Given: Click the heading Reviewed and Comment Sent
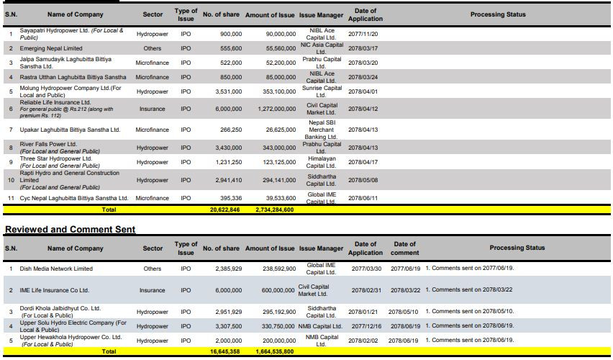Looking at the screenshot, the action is [x=70, y=229].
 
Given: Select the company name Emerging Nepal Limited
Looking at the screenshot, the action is [x=51, y=48].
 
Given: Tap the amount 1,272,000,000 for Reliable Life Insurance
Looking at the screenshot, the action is [x=277, y=109].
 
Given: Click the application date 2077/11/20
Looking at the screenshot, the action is [x=363, y=34].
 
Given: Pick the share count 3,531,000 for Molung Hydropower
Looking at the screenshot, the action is [x=229, y=91].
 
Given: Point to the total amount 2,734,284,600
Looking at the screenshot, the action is [x=274, y=210].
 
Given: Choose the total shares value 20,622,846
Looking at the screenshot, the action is [x=224, y=210].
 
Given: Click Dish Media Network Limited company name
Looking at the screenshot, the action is [x=56, y=269].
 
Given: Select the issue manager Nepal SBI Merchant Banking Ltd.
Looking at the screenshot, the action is [x=322, y=130].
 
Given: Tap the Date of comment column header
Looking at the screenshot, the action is [x=404, y=248].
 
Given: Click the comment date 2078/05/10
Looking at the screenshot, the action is [x=403, y=312].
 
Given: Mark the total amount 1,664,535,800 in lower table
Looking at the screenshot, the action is [x=274, y=352].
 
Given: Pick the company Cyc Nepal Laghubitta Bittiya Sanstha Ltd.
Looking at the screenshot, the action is [x=74, y=199].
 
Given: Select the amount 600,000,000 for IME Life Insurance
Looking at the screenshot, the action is [x=278, y=290].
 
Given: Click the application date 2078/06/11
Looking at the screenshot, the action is [x=363, y=199].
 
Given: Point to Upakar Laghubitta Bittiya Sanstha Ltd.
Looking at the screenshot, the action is [x=70, y=130].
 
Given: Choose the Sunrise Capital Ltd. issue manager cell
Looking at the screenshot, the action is [x=322, y=91].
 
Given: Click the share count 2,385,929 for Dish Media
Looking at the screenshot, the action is [x=229, y=269].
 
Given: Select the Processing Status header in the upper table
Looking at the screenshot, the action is [x=498, y=14].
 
